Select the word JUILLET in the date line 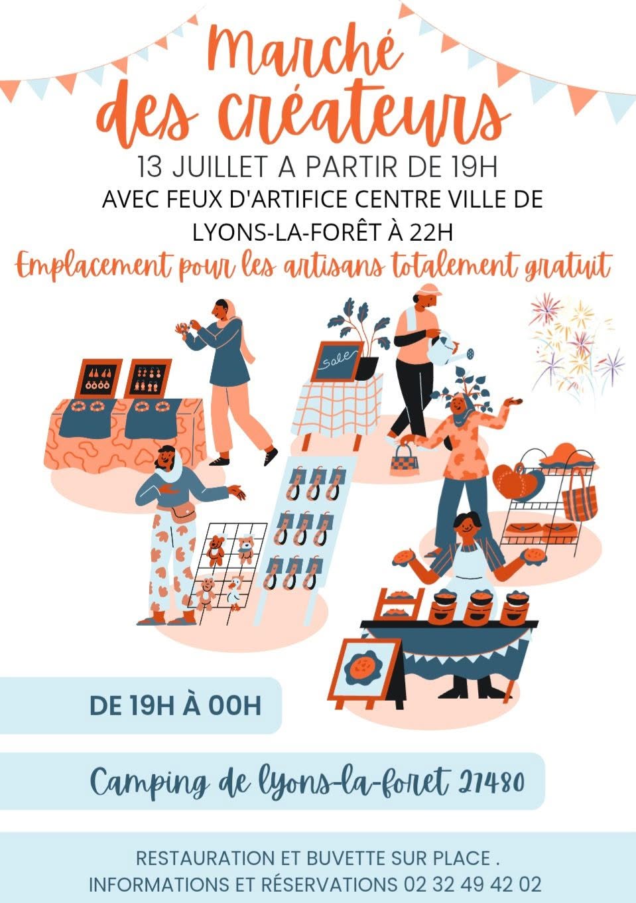(x=220, y=167)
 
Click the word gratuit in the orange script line (x=568, y=267)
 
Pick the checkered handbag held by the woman (x=405, y=460)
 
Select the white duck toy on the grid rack (x=235, y=592)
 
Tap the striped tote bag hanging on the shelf (x=580, y=501)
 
